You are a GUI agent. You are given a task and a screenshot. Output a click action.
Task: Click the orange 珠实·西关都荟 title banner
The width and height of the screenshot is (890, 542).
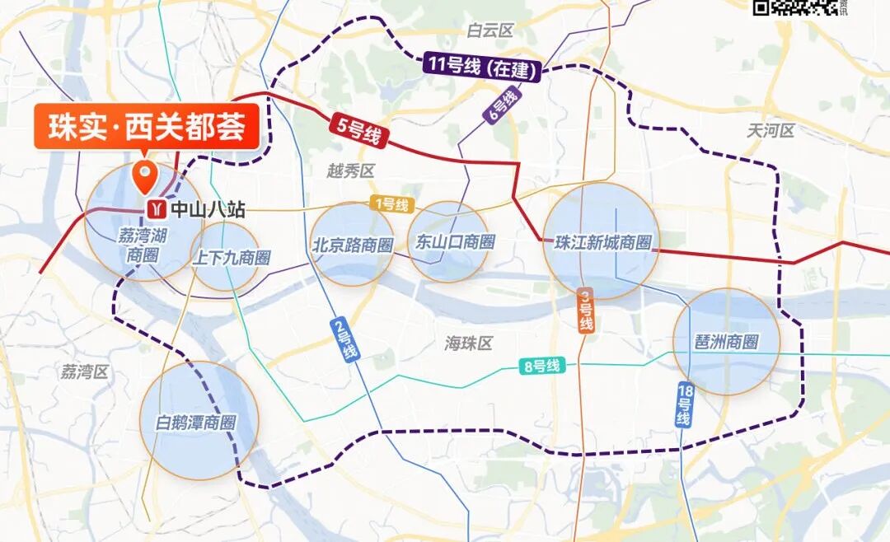147,128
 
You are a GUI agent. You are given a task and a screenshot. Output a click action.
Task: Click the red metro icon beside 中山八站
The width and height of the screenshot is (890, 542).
155,208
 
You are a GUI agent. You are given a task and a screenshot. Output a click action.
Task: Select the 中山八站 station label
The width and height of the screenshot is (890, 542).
207,209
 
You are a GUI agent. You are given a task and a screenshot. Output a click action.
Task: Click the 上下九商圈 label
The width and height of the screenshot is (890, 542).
231,258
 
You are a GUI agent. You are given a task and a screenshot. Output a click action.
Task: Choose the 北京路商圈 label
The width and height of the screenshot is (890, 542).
352,245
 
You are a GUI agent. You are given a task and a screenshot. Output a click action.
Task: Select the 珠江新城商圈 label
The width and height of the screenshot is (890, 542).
603,243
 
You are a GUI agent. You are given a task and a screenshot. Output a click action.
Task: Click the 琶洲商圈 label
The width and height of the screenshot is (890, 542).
726,342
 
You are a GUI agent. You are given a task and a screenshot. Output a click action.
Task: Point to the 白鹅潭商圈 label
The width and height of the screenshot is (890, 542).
196,423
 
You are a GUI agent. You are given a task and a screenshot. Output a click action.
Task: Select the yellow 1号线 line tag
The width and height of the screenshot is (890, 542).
391,204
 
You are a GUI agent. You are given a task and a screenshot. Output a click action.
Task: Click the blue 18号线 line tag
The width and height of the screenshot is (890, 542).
684,404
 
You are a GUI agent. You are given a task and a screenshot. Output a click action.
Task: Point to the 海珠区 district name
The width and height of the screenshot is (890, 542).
468,343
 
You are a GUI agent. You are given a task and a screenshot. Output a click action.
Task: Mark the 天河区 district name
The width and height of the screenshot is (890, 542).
771,130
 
